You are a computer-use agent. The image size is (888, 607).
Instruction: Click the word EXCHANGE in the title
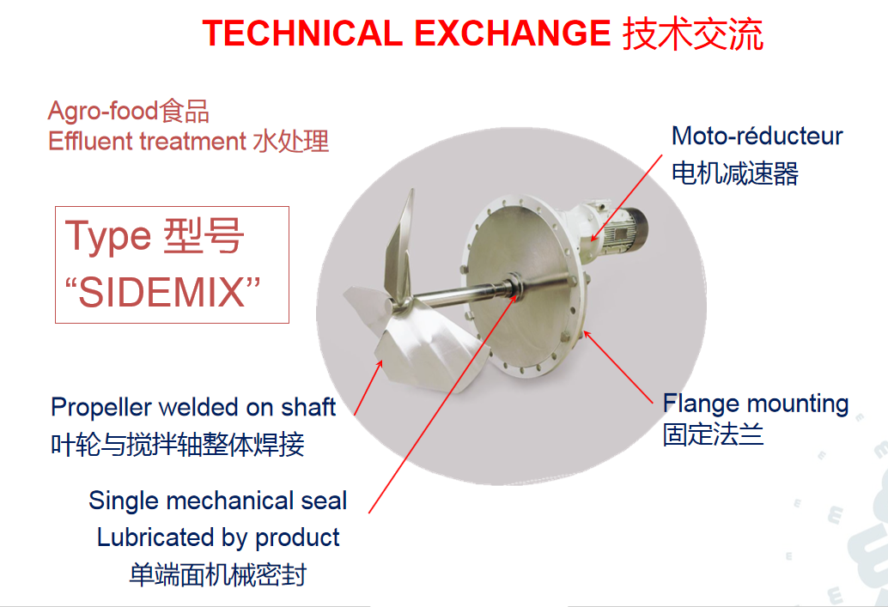point(513,33)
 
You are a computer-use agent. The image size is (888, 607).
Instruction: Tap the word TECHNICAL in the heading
point(302,33)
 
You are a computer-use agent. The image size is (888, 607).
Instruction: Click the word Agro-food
point(102,111)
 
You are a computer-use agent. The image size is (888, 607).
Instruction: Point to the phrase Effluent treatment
point(147,141)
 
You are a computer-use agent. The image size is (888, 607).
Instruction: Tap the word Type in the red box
point(108,237)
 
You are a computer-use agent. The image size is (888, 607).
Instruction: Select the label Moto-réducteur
point(757,136)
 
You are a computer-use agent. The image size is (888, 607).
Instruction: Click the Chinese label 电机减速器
point(735,173)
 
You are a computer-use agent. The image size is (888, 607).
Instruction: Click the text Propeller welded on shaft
point(193,408)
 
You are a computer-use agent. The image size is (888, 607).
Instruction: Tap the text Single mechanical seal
point(218,501)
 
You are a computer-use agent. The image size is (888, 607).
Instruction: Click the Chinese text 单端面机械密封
point(218,574)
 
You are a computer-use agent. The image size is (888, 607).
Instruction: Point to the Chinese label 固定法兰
point(714,435)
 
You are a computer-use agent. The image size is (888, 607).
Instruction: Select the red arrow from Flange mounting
point(617,367)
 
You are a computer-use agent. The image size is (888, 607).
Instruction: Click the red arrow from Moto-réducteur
point(626,198)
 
